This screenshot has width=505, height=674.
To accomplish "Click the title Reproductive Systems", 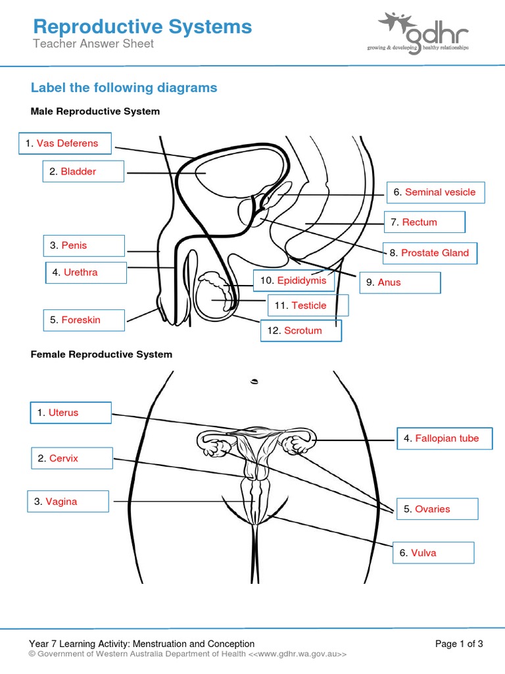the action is [x=143, y=26].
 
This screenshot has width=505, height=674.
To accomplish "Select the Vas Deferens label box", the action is [x=65, y=143].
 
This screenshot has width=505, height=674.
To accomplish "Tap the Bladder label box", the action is [x=84, y=171].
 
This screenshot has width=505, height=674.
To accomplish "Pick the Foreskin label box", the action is [x=84, y=321].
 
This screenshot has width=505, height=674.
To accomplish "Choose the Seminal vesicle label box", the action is [x=436, y=192].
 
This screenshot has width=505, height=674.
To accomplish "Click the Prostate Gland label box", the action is [x=430, y=253].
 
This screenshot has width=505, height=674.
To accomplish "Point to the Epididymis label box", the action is [x=294, y=280].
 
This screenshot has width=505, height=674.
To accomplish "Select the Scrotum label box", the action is [x=301, y=330].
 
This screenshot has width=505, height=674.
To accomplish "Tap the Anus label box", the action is [x=400, y=282].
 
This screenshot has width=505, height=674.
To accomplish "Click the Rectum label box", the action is [x=425, y=222].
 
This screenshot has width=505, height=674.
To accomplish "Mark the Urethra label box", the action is [x=86, y=272].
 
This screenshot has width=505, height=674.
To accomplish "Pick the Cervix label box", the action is [x=72, y=458].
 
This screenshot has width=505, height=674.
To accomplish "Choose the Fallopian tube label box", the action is [x=445, y=438].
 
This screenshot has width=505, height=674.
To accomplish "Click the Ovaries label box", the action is [x=437, y=509].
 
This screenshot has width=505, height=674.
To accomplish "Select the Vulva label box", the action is [x=434, y=553].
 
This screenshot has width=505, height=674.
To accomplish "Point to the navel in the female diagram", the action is [x=254, y=381].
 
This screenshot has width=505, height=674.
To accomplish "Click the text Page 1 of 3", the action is [x=459, y=644].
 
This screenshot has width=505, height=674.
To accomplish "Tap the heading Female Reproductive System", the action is [x=101, y=354].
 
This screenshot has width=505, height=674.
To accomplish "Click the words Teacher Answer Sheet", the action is [x=93, y=43].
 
